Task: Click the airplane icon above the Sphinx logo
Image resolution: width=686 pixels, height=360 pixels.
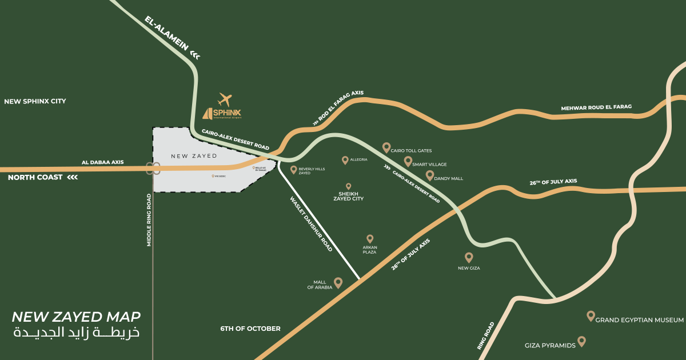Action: pyautogui.click(x=226, y=99)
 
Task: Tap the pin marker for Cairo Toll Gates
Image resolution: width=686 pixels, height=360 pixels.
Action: pyautogui.click(x=386, y=147)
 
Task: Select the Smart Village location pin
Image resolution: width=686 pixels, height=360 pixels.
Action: pyautogui.click(x=408, y=161)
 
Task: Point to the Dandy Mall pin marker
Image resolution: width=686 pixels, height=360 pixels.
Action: pyautogui.click(x=430, y=175)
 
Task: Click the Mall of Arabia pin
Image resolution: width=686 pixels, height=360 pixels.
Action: pyautogui.click(x=338, y=282)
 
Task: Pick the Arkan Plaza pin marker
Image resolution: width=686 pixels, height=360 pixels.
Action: pyautogui.click(x=370, y=238)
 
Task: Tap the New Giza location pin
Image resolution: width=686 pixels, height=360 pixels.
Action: pyautogui.click(x=469, y=257)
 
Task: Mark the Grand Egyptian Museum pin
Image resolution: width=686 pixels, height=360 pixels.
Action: pyautogui.click(x=591, y=315)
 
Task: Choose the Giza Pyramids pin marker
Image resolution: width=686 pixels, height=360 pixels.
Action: pyautogui.click(x=581, y=341)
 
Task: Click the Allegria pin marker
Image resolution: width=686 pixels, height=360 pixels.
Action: pyautogui.click(x=345, y=160)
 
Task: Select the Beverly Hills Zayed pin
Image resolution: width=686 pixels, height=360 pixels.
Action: pyautogui.click(x=294, y=170)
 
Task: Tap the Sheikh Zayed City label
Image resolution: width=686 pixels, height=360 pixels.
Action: pyautogui.click(x=348, y=196)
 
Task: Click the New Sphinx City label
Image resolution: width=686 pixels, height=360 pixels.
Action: pyautogui.click(x=35, y=101)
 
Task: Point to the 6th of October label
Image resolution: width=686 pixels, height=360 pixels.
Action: pyautogui.click(x=250, y=329)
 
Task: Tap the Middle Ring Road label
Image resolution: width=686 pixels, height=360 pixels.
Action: pyautogui.click(x=149, y=220)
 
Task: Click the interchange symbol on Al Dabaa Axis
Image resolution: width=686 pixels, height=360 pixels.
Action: pyautogui.click(x=153, y=169)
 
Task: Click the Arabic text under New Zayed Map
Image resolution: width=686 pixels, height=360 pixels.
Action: pyautogui.click(x=76, y=333)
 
